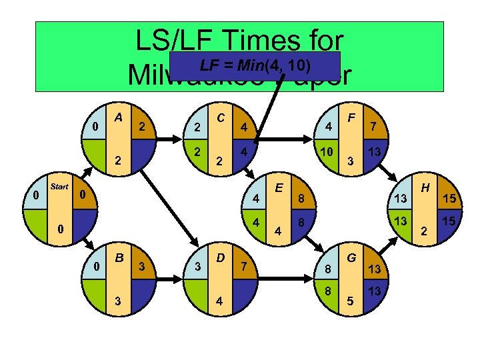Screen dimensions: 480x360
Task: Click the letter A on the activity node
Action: pos(118,117)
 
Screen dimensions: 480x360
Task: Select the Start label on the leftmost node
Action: pos(60,186)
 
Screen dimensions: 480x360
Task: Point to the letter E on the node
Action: pos(277,189)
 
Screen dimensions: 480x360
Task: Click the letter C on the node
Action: pos(220,117)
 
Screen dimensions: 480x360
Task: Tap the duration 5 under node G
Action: pos(351,301)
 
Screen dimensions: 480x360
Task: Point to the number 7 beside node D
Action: pos(245,267)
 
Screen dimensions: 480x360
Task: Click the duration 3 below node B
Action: pos(119,301)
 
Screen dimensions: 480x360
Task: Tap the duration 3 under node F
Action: pos(351,162)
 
